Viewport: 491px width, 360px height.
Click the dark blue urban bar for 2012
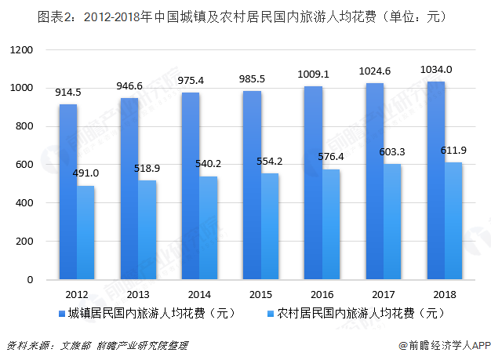68,192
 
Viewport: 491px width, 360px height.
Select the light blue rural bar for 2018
453,221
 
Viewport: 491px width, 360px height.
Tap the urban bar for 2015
252,185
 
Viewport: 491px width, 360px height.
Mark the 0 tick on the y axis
30,279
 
